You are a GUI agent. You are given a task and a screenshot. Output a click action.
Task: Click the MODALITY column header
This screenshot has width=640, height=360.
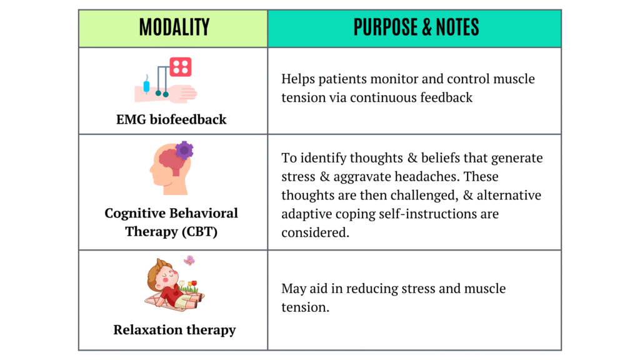pyautogui.click(x=174, y=27)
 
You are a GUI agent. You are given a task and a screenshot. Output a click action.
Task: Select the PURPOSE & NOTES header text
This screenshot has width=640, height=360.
pyautogui.click(x=416, y=27)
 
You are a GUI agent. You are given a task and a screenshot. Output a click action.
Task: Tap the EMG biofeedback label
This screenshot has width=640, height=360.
pyautogui.click(x=171, y=119)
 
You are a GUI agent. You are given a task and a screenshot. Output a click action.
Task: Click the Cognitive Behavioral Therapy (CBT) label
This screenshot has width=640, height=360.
pyautogui.click(x=171, y=222)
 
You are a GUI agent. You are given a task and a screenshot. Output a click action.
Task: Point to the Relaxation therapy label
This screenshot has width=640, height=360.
pyautogui.click(x=174, y=329)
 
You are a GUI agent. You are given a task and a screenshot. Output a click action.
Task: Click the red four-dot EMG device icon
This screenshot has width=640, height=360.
pyautogui.click(x=181, y=67)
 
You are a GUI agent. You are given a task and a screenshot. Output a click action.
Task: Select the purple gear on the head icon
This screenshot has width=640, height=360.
pyautogui.click(x=184, y=150)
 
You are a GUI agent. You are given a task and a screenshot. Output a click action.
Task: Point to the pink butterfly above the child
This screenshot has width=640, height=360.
pyautogui.click(x=189, y=260)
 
